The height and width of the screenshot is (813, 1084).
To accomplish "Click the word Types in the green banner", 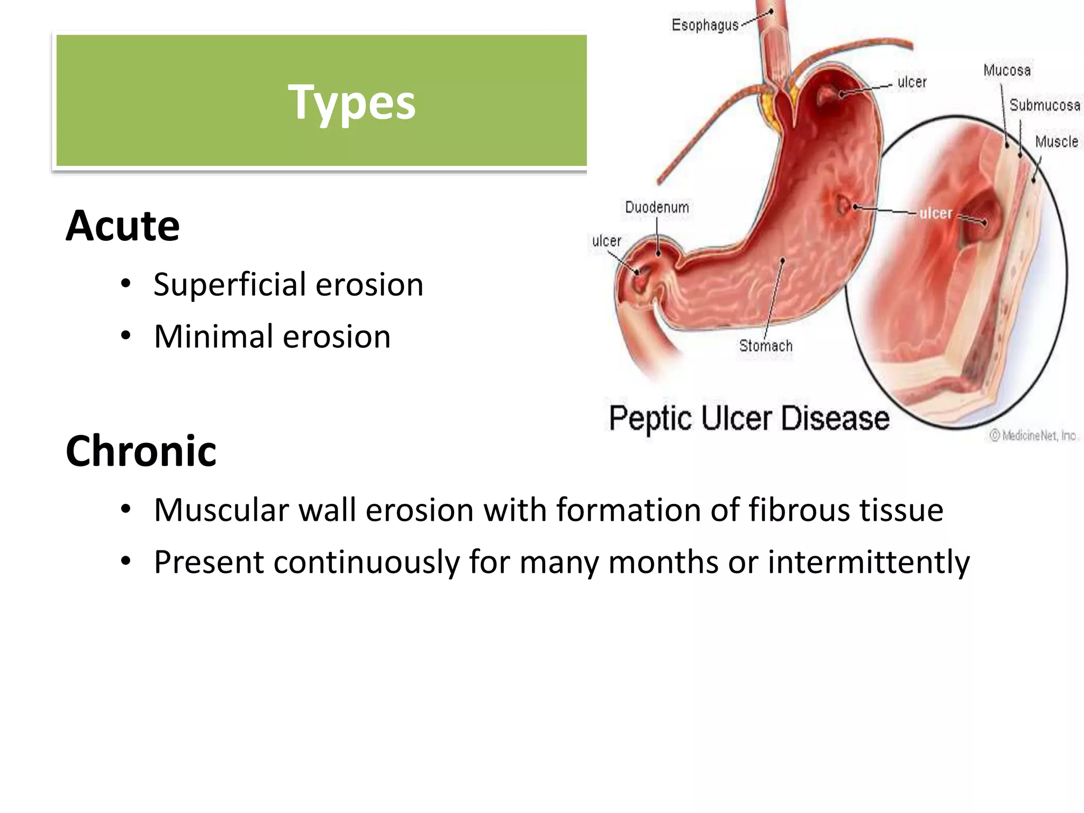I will click(x=351, y=103).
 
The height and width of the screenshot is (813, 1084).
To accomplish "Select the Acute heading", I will click(x=123, y=226).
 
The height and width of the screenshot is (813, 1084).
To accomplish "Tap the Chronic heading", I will click(x=141, y=451).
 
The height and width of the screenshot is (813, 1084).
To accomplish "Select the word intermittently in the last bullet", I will click(x=869, y=562).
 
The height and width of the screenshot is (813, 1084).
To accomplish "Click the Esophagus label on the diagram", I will click(x=704, y=25).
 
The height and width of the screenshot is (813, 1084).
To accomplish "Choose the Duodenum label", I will click(x=657, y=207).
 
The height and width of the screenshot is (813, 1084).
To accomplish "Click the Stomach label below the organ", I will click(x=765, y=346).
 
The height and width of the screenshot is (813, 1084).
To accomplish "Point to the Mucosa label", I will click(x=1007, y=70).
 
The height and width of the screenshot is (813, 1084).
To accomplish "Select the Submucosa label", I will click(x=1044, y=105).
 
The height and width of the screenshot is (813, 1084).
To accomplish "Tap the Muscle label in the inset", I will click(x=1056, y=142).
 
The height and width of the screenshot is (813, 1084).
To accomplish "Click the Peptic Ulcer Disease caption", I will click(x=749, y=419).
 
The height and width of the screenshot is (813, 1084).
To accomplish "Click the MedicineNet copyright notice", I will click(x=1033, y=436).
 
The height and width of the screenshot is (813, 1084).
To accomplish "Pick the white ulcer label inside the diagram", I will click(x=935, y=213).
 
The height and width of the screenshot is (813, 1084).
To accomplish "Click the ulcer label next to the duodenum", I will click(x=606, y=241).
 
